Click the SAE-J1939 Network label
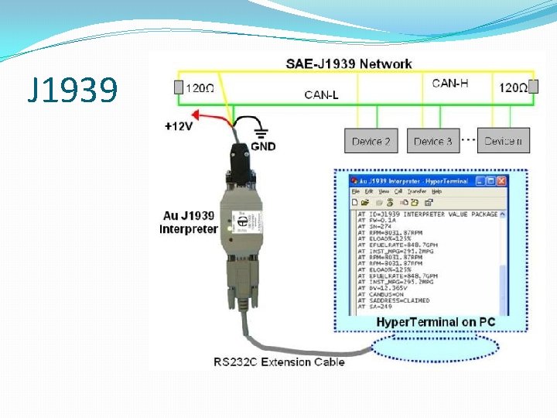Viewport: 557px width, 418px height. tap(349, 63)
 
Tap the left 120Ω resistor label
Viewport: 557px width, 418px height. tap(200, 88)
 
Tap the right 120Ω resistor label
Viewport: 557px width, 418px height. tap(513, 88)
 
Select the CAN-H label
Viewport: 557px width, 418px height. tap(450, 83)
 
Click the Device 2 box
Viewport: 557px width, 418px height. tap(371, 141)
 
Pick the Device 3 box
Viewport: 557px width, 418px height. tap(432, 141)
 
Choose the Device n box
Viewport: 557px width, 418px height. tap(502, 141)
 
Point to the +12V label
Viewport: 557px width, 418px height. tap(179, 126)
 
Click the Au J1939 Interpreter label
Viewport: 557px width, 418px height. tap(188, 223)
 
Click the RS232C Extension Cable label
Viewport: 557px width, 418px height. tap(279, 361)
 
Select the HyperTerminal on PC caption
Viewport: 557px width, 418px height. tap(436, 322)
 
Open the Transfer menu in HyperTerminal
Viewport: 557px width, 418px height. tap(417, 191)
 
